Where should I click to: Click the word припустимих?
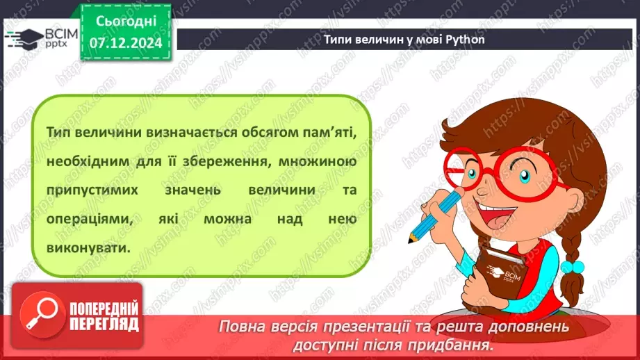(x=94, y=191)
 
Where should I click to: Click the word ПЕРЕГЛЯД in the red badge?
(x=103, y=324)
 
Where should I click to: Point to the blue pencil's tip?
(x=412, y=240)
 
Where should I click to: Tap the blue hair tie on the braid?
(x=571, y=266)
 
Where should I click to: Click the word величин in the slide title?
(x=379, y=39)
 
